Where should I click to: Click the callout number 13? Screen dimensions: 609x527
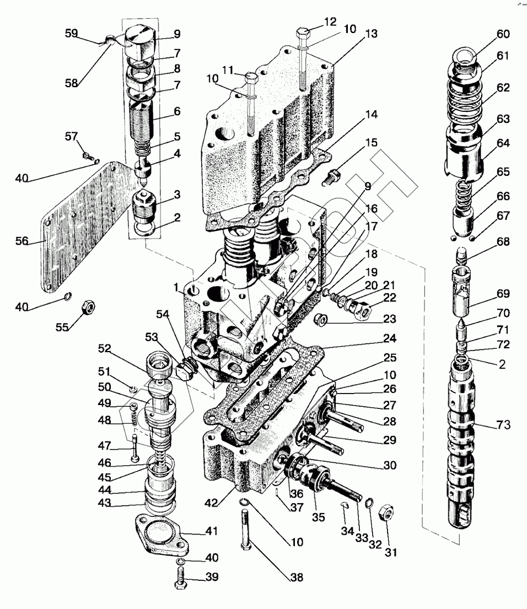coord(371,34)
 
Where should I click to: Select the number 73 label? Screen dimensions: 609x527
coord(503,425)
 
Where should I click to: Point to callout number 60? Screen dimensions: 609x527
coord(503,34)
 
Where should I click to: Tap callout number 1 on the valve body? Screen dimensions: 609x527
coord(176,287)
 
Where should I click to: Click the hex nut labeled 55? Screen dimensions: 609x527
coord(88,306)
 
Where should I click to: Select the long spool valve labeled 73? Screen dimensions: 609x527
coord(462,435)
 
